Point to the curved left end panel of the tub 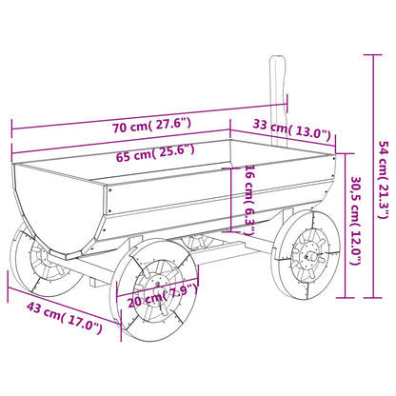(52, 205)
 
